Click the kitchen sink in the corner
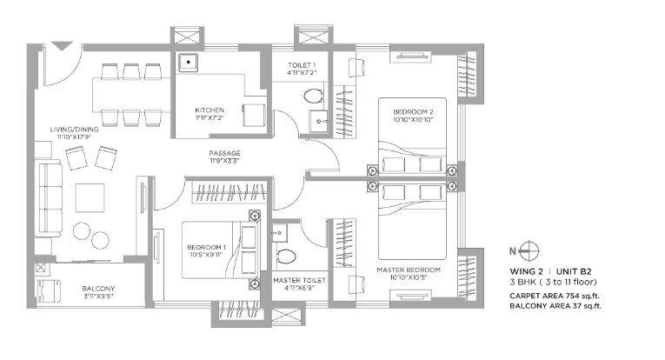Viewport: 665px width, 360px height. (x=188, y=63)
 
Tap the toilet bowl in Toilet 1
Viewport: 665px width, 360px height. (x=314, y=96)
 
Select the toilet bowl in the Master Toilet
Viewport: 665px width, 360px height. (x=286, y=257)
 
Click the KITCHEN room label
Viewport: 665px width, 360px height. (x=209, y=110)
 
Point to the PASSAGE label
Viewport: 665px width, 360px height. (x=224, y=153)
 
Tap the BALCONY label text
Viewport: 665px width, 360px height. (x=98, y=289)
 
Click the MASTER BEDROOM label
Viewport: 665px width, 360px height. (x=409, y=270)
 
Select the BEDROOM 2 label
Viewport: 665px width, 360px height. (x=413, y=112)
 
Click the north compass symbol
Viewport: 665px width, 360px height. (x=529, y=250)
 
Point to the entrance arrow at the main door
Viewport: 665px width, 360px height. (x=62, y=46)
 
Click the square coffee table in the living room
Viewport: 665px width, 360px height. (x=90, y=197)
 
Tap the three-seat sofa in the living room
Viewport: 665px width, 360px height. (x=50, y=198)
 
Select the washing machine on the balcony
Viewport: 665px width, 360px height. (x=50, y=291)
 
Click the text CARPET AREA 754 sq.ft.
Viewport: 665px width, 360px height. (x=555, y=296)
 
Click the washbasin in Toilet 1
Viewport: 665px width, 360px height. (x=318, y=121)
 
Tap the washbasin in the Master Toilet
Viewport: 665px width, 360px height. (x=280, y=232)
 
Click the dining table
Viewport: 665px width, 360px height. (x=131, y=95)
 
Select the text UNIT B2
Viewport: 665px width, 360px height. (x=574, y=271)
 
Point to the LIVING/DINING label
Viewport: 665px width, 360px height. (x=74, y=130)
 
